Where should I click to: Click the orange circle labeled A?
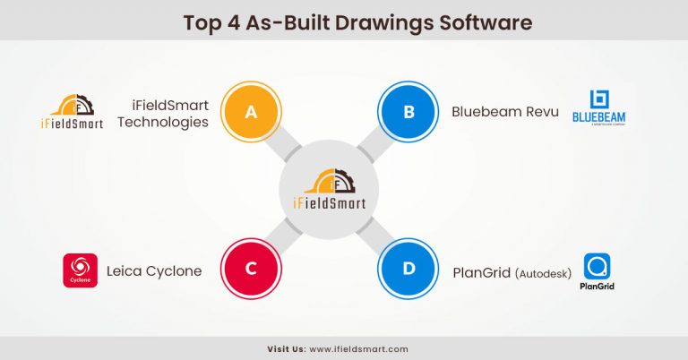(251, 112)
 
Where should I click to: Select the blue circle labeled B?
(408, 112)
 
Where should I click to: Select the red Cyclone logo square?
(80, 270)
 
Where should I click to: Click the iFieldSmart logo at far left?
(73, 112)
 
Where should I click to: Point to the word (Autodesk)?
(543, 272)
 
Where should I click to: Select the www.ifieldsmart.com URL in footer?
(358, 348)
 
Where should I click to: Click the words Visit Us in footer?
(287, 348)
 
